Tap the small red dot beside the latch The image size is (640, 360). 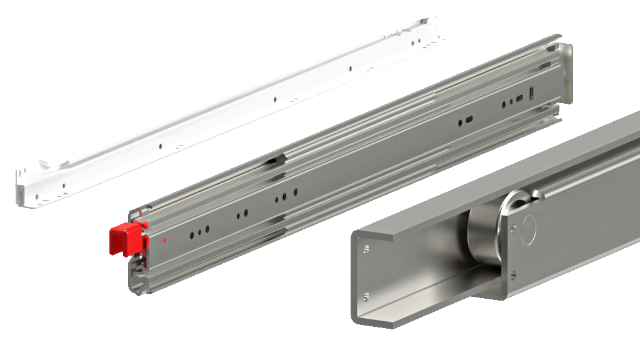164,239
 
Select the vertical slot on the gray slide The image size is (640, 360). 532,92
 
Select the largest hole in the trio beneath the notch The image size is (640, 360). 285,197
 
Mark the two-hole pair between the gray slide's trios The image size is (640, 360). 242,215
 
